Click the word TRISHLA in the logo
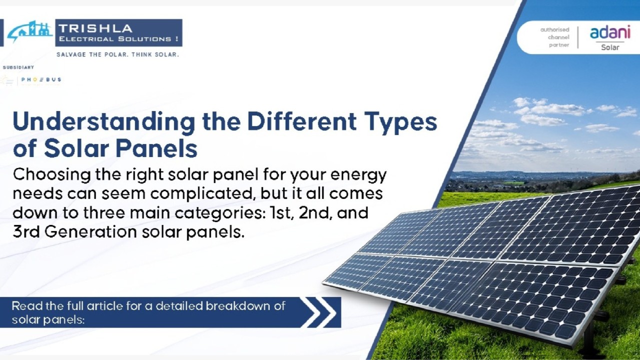click(96, 28)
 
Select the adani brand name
click(610, 32)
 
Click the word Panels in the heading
click(156, 148)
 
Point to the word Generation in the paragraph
click(91, 231)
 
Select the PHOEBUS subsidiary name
click(42, 79)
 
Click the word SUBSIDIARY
click(19, 67)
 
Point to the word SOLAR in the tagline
click(167, 54)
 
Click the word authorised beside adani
click(554, 29)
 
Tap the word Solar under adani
click(610, 47)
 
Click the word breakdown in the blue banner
click(238, 306)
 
